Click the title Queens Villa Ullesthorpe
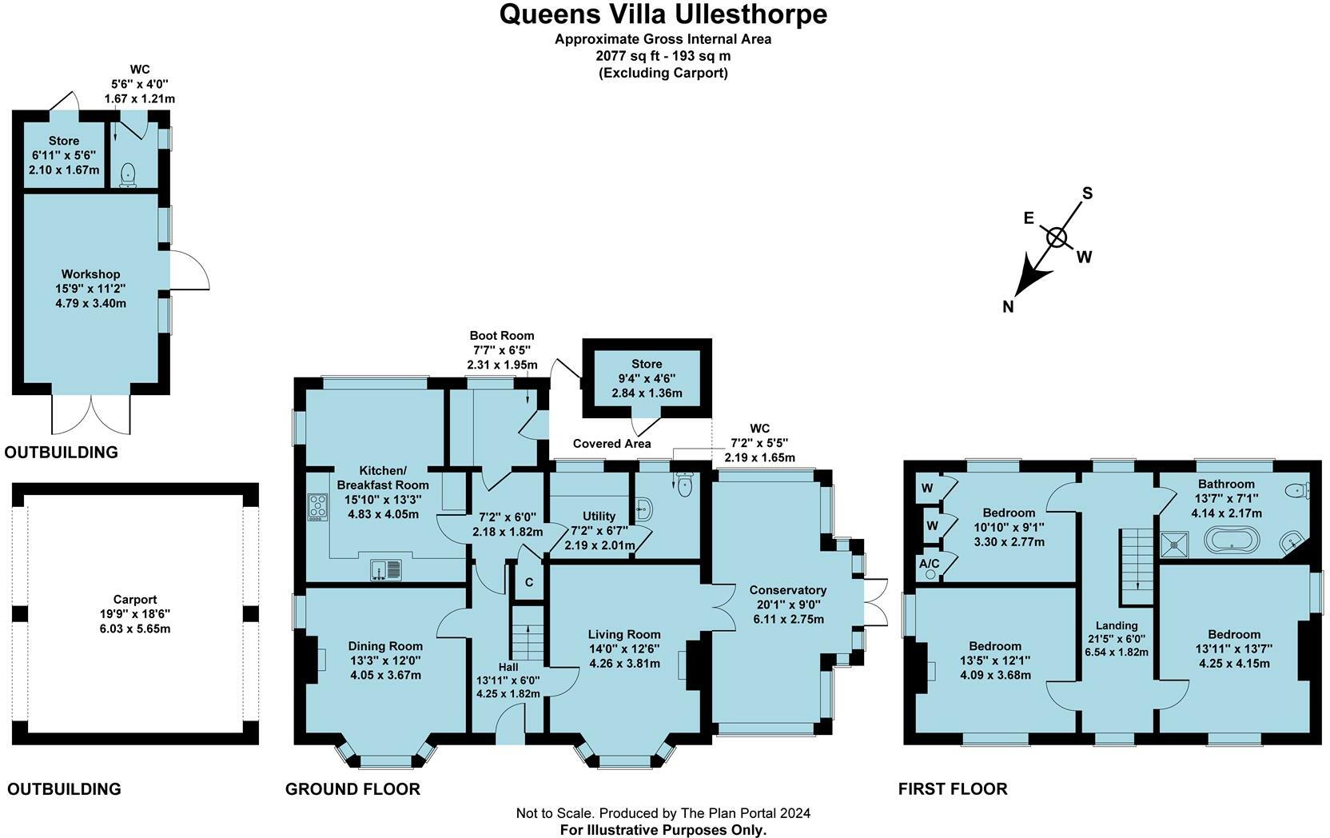tap(663, 14)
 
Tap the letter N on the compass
tap(1008, 306)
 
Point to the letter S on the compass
tap(1087, 193)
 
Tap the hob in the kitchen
tap(317, 508)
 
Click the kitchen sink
tap(386, 570)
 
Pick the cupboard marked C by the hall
tap(529, 582)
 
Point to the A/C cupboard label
tap(930, 563)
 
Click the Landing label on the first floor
tap(1117, 625)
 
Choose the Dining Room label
tap(385, 646)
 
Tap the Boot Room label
tap(502, 336)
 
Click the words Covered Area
tap(611, 444)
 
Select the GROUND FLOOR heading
tap(352, 788)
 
